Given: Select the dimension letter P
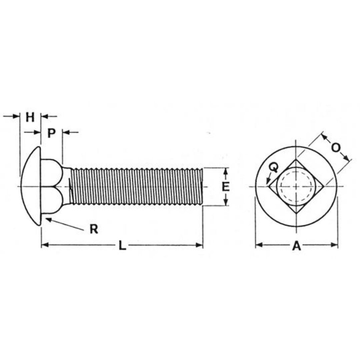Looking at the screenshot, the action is coord(51,133).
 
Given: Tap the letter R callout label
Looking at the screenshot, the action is coord(94,229).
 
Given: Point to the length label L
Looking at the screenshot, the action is coord(122,245).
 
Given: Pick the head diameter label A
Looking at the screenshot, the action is coord(297,246).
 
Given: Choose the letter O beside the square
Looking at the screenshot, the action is coord(336,148).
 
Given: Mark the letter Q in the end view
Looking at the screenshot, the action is coord(273,167).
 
